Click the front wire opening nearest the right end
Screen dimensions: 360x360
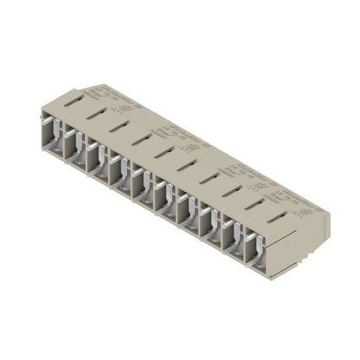(254, 250)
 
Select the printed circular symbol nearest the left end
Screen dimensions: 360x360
(127, 110)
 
